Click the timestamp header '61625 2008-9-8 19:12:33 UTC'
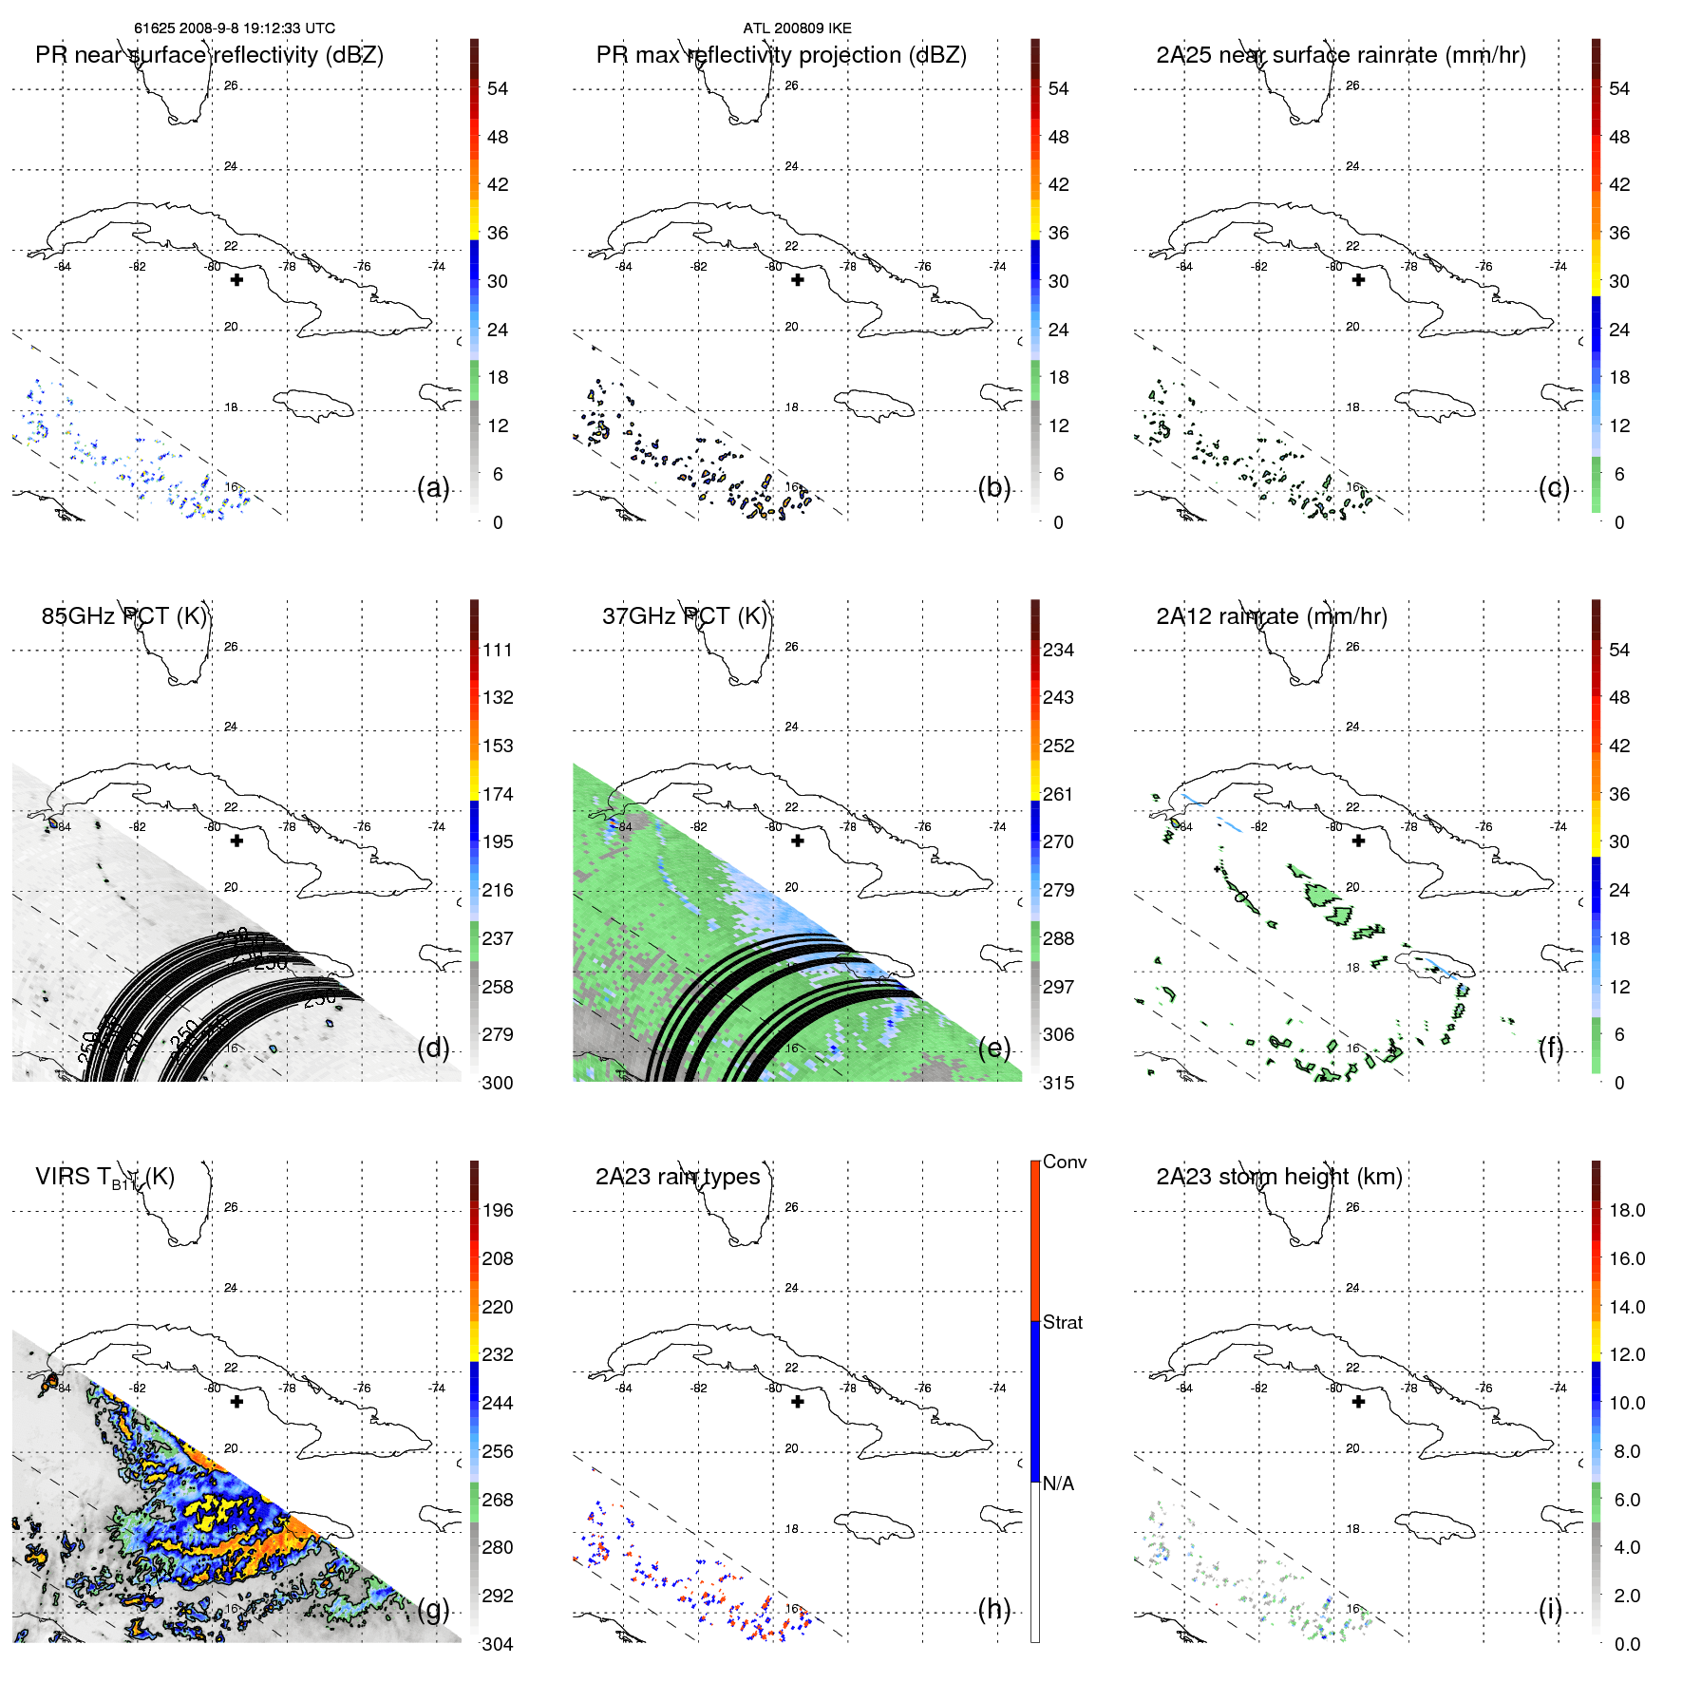(x=235, y=28)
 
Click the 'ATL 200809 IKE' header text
(x=797, y=28)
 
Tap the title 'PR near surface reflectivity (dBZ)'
(x=209, y=55)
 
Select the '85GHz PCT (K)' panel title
(x=123, y=616)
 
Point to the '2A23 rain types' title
(x=677, y=1177)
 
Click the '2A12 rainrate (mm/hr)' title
(x=1271, y=616)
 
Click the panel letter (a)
(x=433, y=488)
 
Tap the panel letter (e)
(x=993, y=1049)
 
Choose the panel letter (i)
(x=1550, y=1609)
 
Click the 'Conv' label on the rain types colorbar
(x=1064, y=1162)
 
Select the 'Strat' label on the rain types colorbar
(x=1062, y=1322)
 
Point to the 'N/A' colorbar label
(x=1058, y=1484)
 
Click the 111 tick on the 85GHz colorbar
(x=498, y=650)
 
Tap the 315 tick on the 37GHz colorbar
(x=1058, y=1083)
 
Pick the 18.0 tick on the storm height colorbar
(x=1627, y=1210)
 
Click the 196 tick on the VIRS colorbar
(x=498, y=1210)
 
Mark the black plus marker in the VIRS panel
(x=236, y=1402)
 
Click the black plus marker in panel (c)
(x=1358, y=280)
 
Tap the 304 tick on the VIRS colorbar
(x=498, y=1644)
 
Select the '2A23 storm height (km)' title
(x=1278, y=1177)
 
